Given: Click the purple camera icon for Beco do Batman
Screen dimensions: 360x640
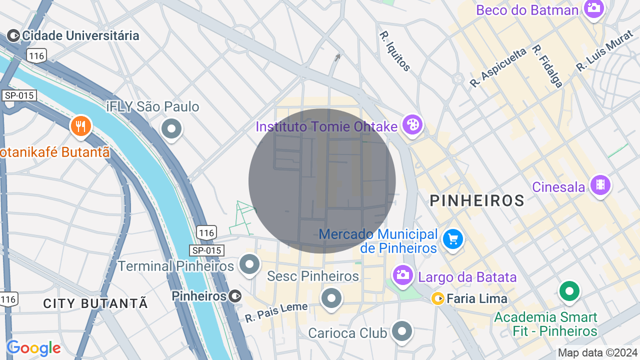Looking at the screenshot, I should coord(594,8).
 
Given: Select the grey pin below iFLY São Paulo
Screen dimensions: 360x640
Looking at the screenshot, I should coord(171,129).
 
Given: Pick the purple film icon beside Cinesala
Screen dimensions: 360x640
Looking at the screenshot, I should coord(600,185).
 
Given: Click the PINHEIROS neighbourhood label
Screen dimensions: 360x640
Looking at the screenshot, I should coord(477,201).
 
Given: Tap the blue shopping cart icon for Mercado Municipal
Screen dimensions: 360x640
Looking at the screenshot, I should coord(453,239).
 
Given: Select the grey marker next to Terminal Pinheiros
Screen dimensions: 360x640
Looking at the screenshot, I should coord(249,264).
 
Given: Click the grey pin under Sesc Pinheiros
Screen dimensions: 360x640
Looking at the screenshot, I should coord(331,298).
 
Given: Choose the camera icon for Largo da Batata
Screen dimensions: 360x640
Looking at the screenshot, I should coord(402,274).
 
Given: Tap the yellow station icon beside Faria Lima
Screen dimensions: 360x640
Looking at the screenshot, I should coord(438,298).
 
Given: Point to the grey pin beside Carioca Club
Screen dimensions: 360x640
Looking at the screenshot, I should coord(401,331).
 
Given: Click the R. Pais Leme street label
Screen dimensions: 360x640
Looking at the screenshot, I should coord(276,312).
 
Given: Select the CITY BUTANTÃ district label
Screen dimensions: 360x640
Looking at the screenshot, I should coord(95,303).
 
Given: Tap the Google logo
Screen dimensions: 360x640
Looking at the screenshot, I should coord(33,348).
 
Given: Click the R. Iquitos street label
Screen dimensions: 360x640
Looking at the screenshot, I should coord(395,51).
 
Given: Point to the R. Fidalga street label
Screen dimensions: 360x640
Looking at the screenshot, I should coord(547,66).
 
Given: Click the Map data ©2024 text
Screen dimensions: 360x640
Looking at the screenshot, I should coord(597,353).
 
